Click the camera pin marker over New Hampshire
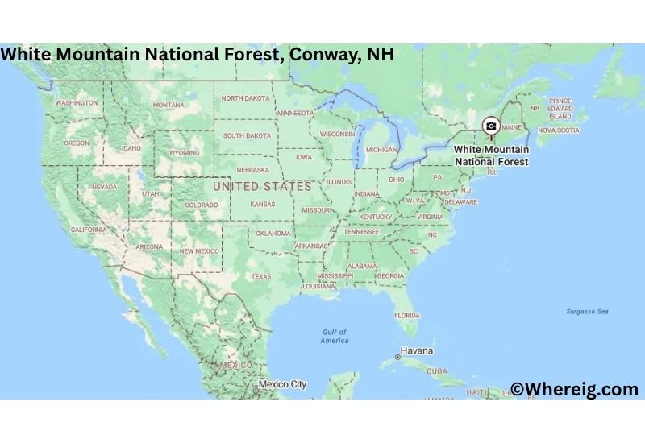click(x=490, y=126)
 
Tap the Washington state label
click(x=77, y=103)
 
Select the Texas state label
click(x=261, y=276)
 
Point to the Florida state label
click(x=406, y=315)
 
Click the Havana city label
click(x=417, y=351)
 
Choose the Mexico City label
click(x=282, y=384)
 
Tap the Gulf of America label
click(x=334, y=336)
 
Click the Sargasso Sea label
click(x=586, y=311)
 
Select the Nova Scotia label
click(x=559, y=130)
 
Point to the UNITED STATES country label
click(x=261, y=186)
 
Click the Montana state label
click(x=169, y=105)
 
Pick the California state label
click(x=89, y=230)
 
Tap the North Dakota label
click(x=246, y=98)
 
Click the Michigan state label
click(x=381, y=150)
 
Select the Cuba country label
click(x=436, y=371)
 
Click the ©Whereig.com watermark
click(x=574, y=390)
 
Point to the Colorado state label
click(x=202, y=205)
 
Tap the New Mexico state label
click(x=199, y=251)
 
